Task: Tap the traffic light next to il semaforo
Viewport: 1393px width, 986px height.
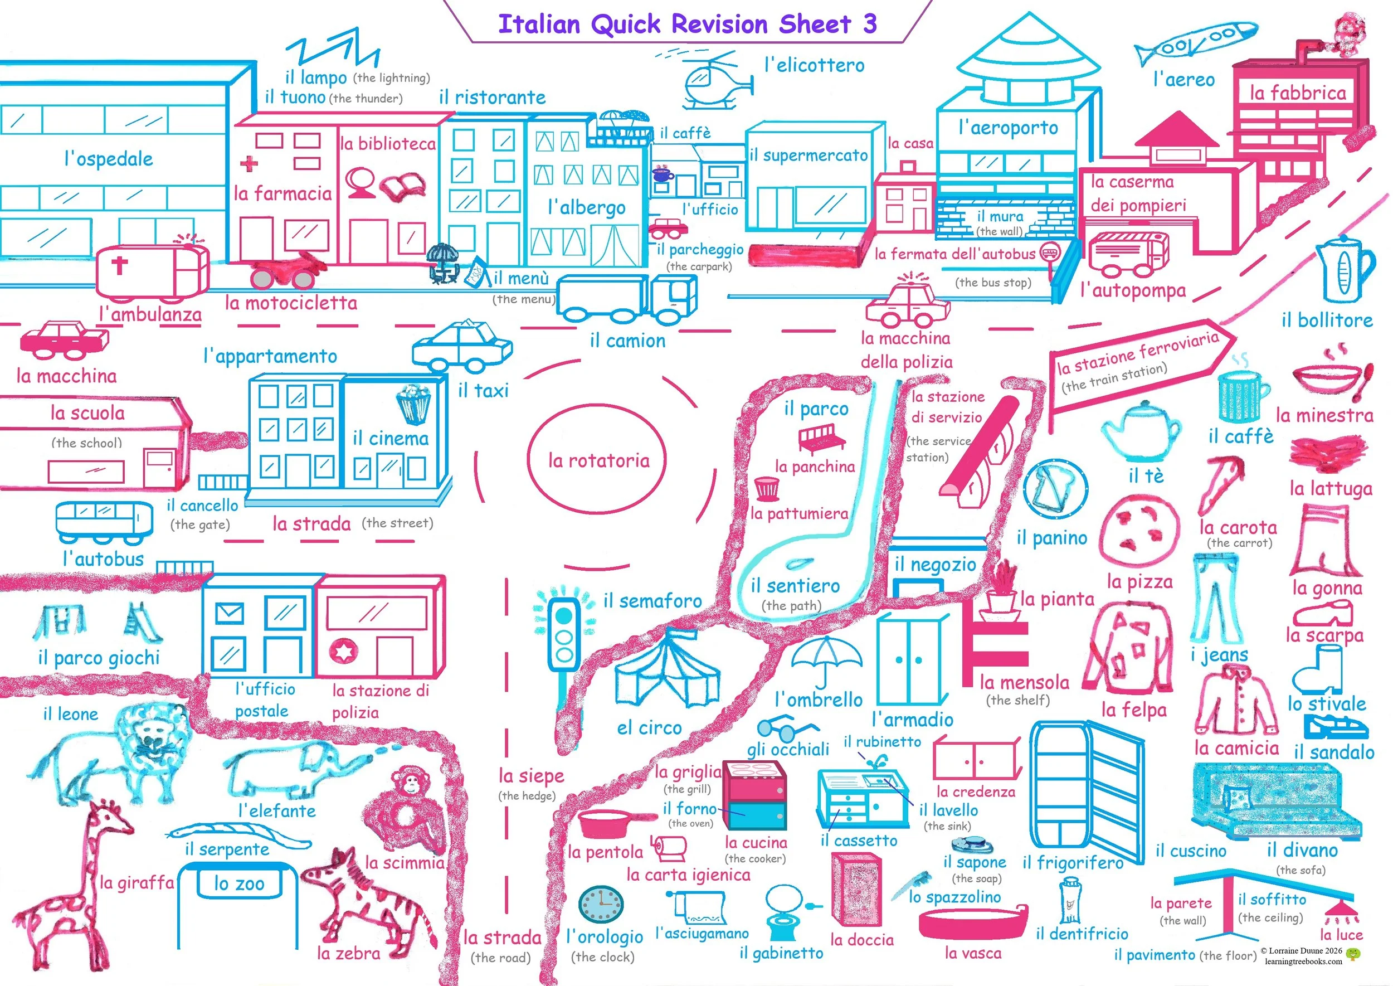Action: click(x=564, y=634)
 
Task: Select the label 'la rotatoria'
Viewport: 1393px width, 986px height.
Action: click(x=598, y=461)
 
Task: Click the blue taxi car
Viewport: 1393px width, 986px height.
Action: click(x=462, y=346)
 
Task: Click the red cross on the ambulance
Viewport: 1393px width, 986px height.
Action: click(x=120, y=265)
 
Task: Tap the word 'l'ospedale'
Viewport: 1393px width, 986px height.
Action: click(x=109, y=159)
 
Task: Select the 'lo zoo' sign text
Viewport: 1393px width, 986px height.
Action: click(x=239, y=883)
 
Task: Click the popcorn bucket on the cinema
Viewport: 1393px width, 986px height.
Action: click(x=413, y=403)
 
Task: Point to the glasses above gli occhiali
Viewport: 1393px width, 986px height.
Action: click(x=787, y=727)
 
